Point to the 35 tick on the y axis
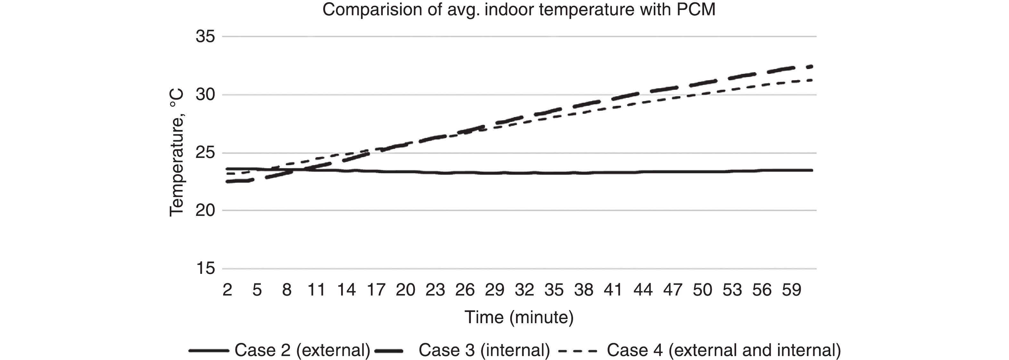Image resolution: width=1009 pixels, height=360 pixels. [206, 37]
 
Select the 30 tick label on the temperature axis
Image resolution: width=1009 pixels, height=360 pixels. [206, 95]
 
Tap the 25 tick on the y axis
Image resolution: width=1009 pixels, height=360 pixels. [206, 153]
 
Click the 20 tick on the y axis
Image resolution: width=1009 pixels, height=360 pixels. [206, 211]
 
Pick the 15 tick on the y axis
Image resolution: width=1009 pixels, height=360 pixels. [206, 269]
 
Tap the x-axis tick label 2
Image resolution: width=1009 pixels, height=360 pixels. [227, 290]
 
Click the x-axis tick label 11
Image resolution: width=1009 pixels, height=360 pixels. [316, 290]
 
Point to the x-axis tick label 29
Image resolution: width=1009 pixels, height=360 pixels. [494, 290]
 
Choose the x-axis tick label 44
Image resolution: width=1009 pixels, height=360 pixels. [643, 290]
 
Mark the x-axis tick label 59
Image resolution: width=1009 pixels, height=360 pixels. [791, 290]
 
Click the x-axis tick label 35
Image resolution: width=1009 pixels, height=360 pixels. [554, 290]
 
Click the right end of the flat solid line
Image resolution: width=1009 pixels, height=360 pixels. [812, 170]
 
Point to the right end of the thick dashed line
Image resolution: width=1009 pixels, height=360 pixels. [812, 67]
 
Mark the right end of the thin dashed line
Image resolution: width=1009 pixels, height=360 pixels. [812, 80]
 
